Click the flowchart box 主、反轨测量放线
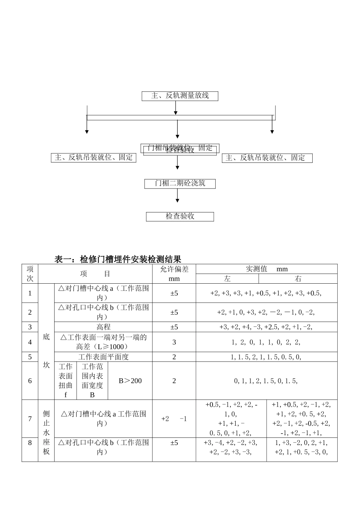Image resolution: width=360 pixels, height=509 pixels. pyautogui.click(x=180, y=96)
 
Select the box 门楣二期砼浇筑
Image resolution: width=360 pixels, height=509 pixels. pyautogui.click(x=180, y=184)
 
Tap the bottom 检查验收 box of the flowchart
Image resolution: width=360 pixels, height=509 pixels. pyautogui.click(x=180, y=216)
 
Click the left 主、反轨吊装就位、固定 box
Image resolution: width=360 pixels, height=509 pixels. pyautogui.click(x=93, y=158)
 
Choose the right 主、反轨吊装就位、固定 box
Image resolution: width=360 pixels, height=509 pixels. pyautogui.click(x=267, y=158)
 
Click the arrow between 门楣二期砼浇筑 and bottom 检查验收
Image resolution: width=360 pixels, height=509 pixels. pyautogui.click(x=177, y=196)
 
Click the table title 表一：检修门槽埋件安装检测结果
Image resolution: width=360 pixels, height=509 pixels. pyautogui.click(x=118, y=259)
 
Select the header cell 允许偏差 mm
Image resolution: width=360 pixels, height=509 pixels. pyautogui.click(x=174, y=273)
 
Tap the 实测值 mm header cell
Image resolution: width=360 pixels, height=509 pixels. pyautogui.click(x=266, y=269)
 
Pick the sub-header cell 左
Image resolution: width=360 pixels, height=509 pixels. pyautogui.click(x=227, y=279)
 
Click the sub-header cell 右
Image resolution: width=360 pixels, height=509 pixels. pyautogui.click(x=298, y=279)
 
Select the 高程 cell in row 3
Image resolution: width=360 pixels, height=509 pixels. pyautogui.click(x=103, y=327)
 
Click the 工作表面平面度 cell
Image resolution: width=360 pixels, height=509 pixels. pyautogui.click(x=103, y=357)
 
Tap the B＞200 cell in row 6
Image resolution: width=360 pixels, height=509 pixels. pyautogui.click(x=130, y=381)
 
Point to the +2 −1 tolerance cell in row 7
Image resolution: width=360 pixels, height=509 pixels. pyautogui.click(x=174, y=419)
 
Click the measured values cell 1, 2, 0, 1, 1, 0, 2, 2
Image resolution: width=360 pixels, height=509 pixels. pyautogui.click(x=266, y=342)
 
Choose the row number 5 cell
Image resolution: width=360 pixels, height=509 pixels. pyautogui.click(x=30, y=357)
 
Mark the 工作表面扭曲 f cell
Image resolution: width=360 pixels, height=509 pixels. pyautogui.click(x=66, y=381)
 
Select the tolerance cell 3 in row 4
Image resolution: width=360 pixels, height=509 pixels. pyautogui.click(x=174, y=342)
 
